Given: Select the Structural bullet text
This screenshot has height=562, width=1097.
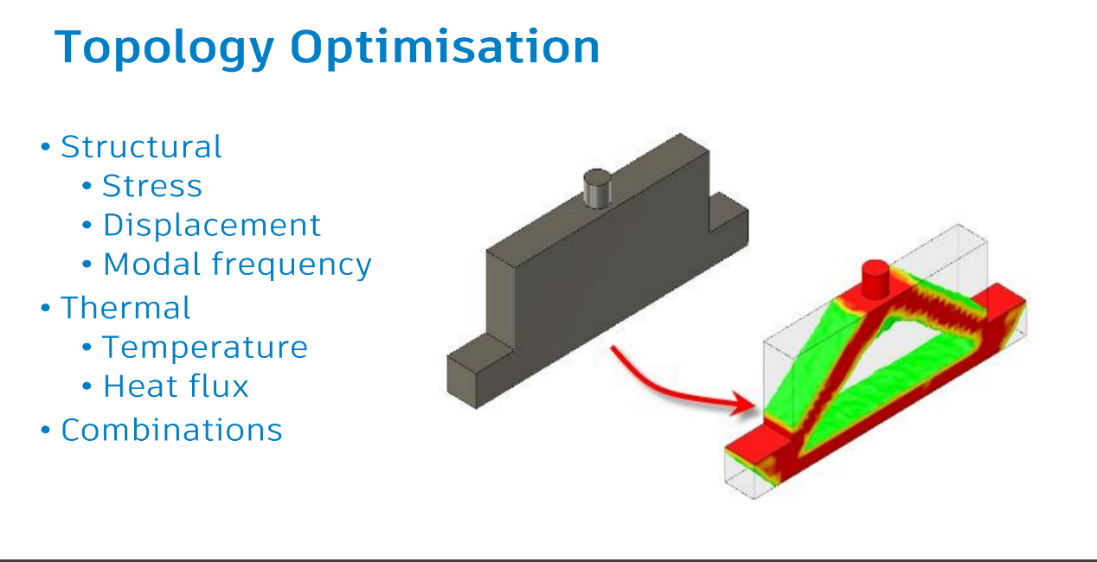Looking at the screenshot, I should pyautogui.click(x=141, y=147).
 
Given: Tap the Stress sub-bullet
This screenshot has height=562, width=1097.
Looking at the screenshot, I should pyautogui.click(x=152, y=186).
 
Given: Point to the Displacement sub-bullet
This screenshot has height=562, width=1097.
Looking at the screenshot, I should pyautogui.click(x=212, y=225).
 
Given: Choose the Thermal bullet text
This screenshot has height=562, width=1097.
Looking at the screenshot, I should pyautogui.click(x=125, y=308).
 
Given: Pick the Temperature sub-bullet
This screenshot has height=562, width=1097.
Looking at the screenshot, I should pyautogui.click(x=205, y=347).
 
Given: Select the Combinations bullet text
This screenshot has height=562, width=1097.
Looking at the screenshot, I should pyautogui.click(x=171, y=430).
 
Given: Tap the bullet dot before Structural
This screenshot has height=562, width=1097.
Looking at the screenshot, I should pyautogui.click(x=46, y=148).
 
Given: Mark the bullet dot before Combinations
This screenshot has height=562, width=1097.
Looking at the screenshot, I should pyautogui.click(x=46, y=431).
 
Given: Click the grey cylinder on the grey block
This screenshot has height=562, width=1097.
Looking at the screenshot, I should pyautogui.click(x=596, y=188).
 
